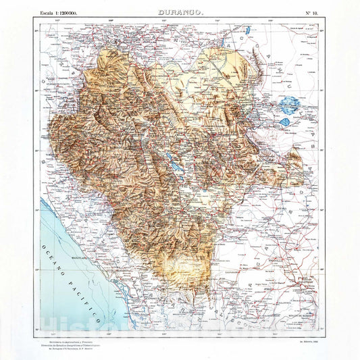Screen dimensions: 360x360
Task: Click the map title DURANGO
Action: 180,13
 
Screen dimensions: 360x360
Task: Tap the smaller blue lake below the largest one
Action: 286,123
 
